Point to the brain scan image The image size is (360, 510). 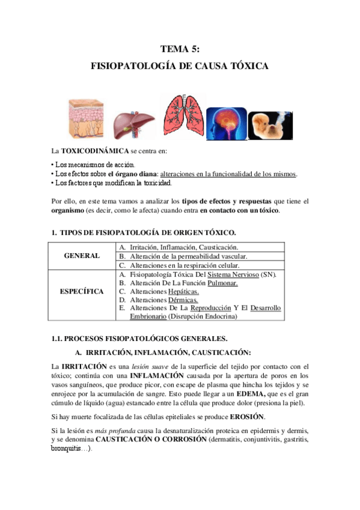226,121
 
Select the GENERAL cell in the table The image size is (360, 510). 82,256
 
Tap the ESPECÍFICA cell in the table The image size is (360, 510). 82,291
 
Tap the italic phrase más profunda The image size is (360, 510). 108,431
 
